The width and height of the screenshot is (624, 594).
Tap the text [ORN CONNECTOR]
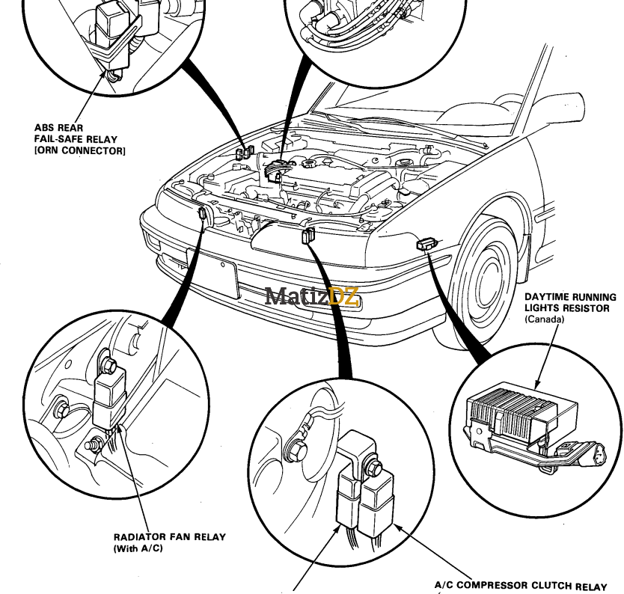(79, 151)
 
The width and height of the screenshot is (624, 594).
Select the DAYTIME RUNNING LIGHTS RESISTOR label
(571, 302)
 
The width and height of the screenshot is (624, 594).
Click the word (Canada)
(544, 319)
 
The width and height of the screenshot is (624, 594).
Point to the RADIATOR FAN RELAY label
(169, 536)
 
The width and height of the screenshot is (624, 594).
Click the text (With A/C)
(138, 548)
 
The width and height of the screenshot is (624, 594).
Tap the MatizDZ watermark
(313, 297)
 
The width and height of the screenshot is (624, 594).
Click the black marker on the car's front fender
(424, 244)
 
